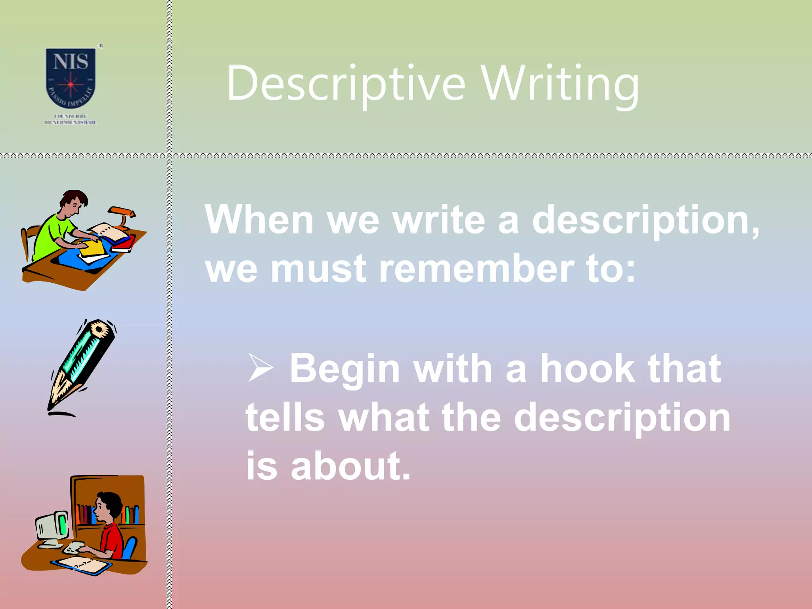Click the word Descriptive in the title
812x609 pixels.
(345, 84)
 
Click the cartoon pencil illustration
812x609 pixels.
(81, 367)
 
